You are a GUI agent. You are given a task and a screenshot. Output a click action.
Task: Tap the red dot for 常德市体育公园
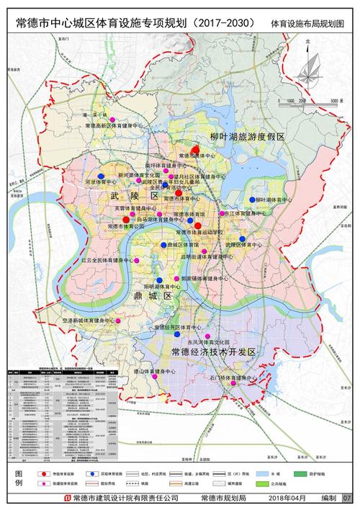[x=126, y=220]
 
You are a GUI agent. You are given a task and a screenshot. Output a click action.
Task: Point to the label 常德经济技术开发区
[x=214, y=352]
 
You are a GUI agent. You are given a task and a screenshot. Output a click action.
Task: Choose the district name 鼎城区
[x=156, y=296]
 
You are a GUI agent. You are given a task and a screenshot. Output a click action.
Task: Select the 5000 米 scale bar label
[x=330, y=102]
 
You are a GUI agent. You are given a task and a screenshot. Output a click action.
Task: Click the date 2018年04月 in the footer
[x=288, y=498]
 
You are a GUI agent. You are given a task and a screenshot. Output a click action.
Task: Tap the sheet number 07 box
[x=347, y=498]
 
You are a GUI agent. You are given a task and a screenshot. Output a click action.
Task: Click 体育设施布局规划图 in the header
[x=307, y=24]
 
